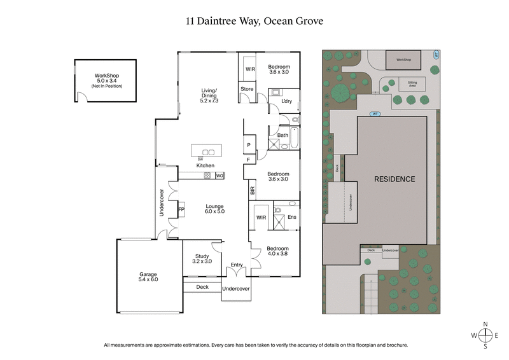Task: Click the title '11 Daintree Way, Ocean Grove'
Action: pyautogui.click(x=254, y=21)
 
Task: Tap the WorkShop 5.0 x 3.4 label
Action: pyautogui.click(x=105, y=79)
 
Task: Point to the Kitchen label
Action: pyautogui.click(x=205, y=165)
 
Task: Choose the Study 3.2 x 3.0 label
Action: pyautogui.click(x=201, y=258)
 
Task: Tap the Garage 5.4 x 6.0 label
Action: pyautogui.click(x=148, y=277)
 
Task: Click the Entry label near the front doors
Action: pyautogui.click(x=236, y=265)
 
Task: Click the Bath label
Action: pyautogui.click(x=282, y=135)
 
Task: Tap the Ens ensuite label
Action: pyautogui.click(x=292, y=218)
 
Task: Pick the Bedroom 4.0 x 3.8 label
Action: pyautogui.click(x=277, y=251)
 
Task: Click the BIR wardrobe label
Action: pyautogui.click(x=252, y=190)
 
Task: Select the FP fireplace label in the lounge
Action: pyautogui.click(x=181, y=209)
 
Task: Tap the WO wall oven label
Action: pyautogui.click(x=220, y=175)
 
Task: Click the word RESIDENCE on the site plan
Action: pyautogui.click(x=394, y=179)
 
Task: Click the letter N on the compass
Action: pyautogui.click(x=486, y=324)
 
